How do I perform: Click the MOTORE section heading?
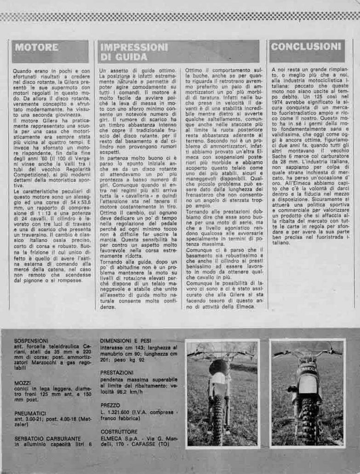click(36, 47)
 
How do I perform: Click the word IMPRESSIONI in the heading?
click(134, 47)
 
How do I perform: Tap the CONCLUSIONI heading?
click(306, 46)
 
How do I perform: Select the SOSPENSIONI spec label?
click(31, 341)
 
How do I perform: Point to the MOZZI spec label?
click(23, 383)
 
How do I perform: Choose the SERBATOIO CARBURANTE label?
click(47, 439)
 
